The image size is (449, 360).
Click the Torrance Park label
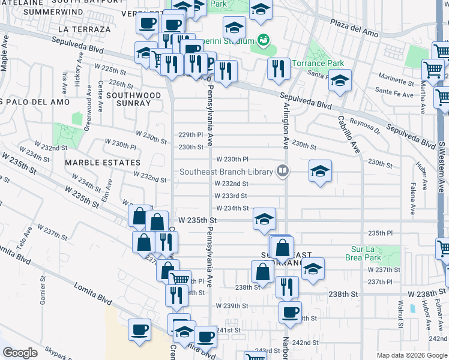click(318, 64)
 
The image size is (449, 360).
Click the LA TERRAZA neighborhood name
click(85, 29)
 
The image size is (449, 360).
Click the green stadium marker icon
click(262, 40)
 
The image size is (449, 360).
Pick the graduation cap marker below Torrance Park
click(340, 82)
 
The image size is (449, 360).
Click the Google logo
click(20, 352)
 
